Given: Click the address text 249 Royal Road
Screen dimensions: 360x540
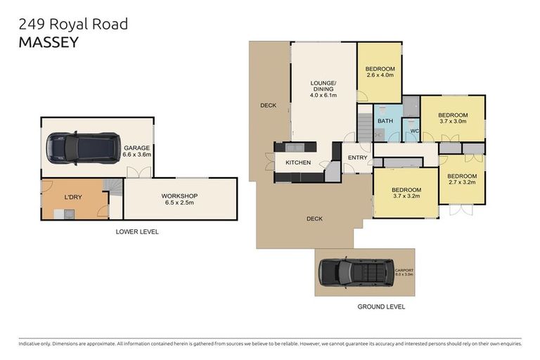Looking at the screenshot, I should tap(73, 24).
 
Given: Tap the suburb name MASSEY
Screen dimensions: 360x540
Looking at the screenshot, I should tap(48, 41).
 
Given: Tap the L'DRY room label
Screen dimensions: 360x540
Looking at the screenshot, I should tap(73, 198).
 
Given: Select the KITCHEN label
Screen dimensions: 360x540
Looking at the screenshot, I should tap(297, 163).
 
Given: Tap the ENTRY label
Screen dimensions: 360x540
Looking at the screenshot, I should tap(357, 157).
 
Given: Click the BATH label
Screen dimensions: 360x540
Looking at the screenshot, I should tap(385, 121).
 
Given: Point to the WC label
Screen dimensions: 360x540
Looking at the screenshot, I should tap(414, 131).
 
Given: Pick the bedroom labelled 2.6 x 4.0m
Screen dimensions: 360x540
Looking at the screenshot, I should tap(379, 72).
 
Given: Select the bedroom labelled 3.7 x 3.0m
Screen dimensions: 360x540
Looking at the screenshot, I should tap(453, 118).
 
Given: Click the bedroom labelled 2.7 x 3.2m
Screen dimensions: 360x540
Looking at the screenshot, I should tap(462, 179).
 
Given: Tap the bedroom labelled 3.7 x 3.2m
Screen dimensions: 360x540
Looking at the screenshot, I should tap(406, 193).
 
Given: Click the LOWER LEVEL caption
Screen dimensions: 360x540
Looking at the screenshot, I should tap(138, 231).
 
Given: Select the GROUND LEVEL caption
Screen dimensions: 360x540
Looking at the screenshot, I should tap(381, 307).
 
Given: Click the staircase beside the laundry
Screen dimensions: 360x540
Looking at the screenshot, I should tap(112, 186).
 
